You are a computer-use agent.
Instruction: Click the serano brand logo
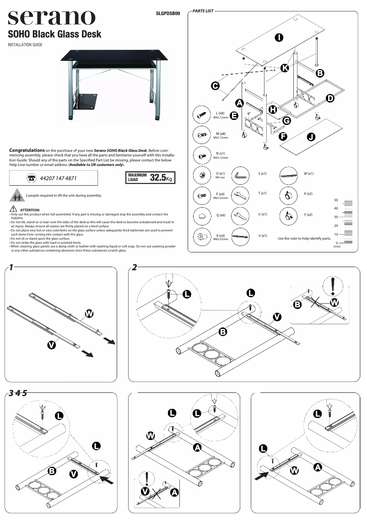tap(51, 18)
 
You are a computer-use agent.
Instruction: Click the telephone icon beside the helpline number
tap(32, 178)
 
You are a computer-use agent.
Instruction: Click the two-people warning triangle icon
tap(17, 196)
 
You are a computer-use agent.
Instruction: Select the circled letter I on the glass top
tap(278, 38)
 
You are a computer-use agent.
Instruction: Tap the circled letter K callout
tap(284, 68)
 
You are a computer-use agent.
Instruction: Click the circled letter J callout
tap(311, 137)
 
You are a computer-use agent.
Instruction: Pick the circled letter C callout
tap(214, 85)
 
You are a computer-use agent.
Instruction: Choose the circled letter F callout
tap(283, 136)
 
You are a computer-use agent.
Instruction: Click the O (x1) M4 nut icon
tap(201, 175)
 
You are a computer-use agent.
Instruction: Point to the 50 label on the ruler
tap(336, 200)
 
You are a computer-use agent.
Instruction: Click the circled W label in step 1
tap(89, 314)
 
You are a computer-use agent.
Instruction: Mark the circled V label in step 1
tap(52, 345)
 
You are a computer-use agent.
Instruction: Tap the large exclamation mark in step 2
tap(330, 286)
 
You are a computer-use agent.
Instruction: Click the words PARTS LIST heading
tap(203, 10)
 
